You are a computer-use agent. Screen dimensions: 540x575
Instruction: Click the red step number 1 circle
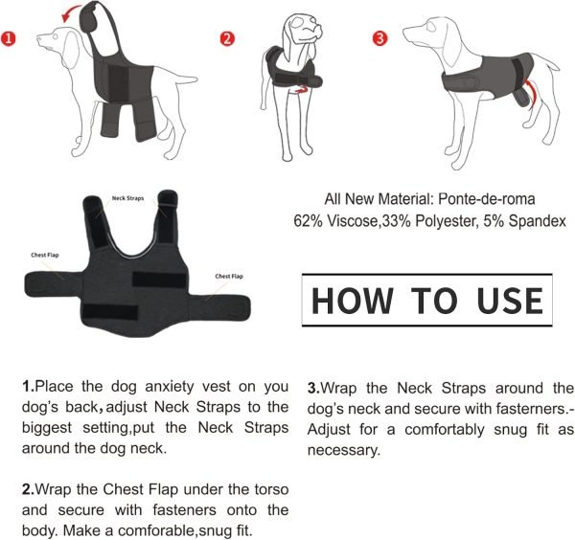tap(9, 40)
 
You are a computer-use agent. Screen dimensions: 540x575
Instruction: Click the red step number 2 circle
tap(227, 39)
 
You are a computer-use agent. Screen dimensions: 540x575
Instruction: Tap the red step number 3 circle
tap(380, 38)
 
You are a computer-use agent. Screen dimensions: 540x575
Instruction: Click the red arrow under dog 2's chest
tap(306, 89)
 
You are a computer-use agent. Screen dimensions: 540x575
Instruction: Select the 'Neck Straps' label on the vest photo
tap(127, 198)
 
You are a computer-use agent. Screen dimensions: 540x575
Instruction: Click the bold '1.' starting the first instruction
tap(28, 387)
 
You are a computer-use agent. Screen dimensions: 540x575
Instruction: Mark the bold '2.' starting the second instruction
tap(28, 489)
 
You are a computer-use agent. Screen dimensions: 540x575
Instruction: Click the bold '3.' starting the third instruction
tap(313, 389)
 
